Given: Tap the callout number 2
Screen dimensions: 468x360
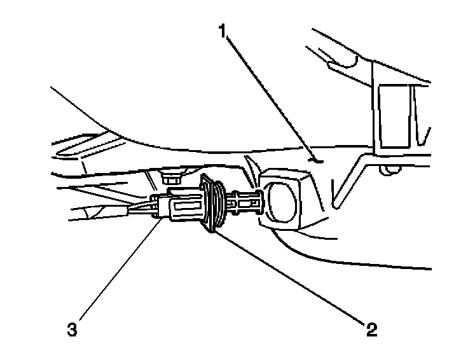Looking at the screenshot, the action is (371, 329).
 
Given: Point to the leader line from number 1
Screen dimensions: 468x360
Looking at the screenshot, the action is (270, 95).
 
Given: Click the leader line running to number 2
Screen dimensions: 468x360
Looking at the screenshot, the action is (292, 277).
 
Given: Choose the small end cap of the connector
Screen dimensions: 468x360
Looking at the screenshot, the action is (158, 207).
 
